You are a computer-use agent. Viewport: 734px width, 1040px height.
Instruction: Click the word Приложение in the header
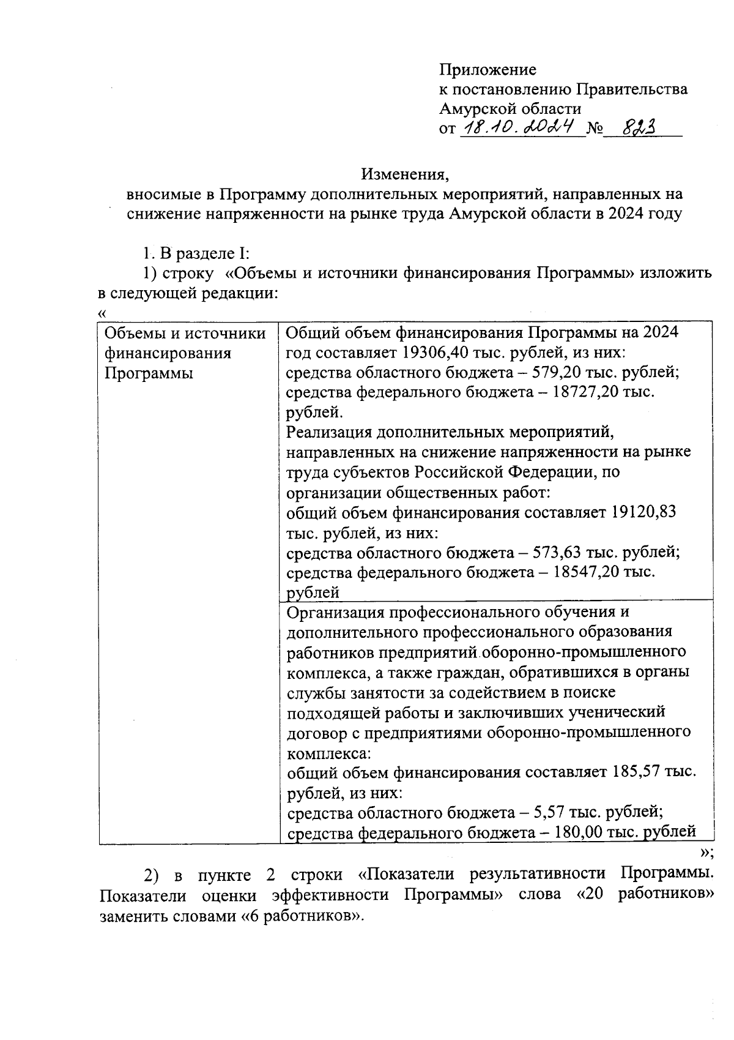(x=487, y=70)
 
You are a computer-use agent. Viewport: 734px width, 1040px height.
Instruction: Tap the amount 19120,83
(x=643, y=512)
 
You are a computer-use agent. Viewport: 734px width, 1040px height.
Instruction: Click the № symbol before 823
(x=595, y=129)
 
